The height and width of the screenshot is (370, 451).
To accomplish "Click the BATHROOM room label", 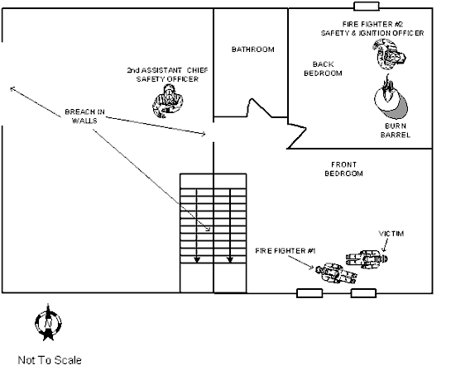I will click(252, 50).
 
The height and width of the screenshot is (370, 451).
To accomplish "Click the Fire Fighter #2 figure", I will click(390, 55).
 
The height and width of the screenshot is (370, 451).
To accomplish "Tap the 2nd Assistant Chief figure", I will click(169, 99).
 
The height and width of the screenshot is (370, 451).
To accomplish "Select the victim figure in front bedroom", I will click(365, 261).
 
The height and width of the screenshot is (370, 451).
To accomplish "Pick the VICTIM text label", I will click(391, 235).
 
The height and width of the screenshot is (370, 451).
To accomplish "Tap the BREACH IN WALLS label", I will click(84, 116).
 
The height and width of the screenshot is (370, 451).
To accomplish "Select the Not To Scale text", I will click(50, 359).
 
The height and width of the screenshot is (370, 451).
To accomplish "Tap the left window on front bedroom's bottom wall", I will click(309, 292).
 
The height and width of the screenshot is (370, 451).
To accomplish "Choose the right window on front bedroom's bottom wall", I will click(364, 292).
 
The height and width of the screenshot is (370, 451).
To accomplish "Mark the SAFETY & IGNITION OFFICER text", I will click(372, 33).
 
